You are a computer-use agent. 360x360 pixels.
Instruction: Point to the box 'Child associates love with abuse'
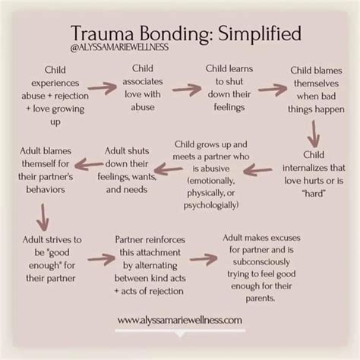tap(142, 87)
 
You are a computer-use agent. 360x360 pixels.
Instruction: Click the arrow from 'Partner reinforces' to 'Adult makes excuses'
tap(203, 259)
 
